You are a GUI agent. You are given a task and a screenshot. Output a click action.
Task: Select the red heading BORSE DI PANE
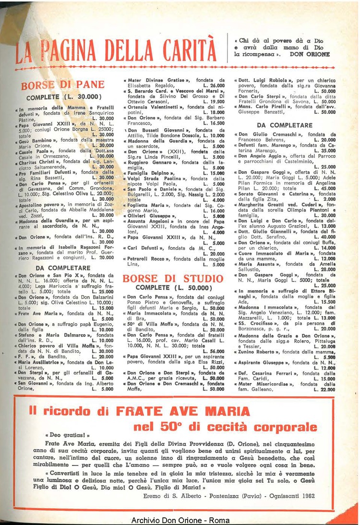[x=62, y=85]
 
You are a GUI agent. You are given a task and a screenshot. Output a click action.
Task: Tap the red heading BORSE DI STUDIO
[x=173, y=279]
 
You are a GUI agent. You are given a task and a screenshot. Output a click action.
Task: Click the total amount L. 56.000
[x=214, y=351]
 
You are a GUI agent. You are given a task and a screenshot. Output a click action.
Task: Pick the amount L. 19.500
[x=214, y=102]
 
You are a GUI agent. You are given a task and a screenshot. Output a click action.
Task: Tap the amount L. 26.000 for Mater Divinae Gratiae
[x=214, y=85]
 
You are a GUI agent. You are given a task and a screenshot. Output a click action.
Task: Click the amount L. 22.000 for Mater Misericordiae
[x=325, y=390]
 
